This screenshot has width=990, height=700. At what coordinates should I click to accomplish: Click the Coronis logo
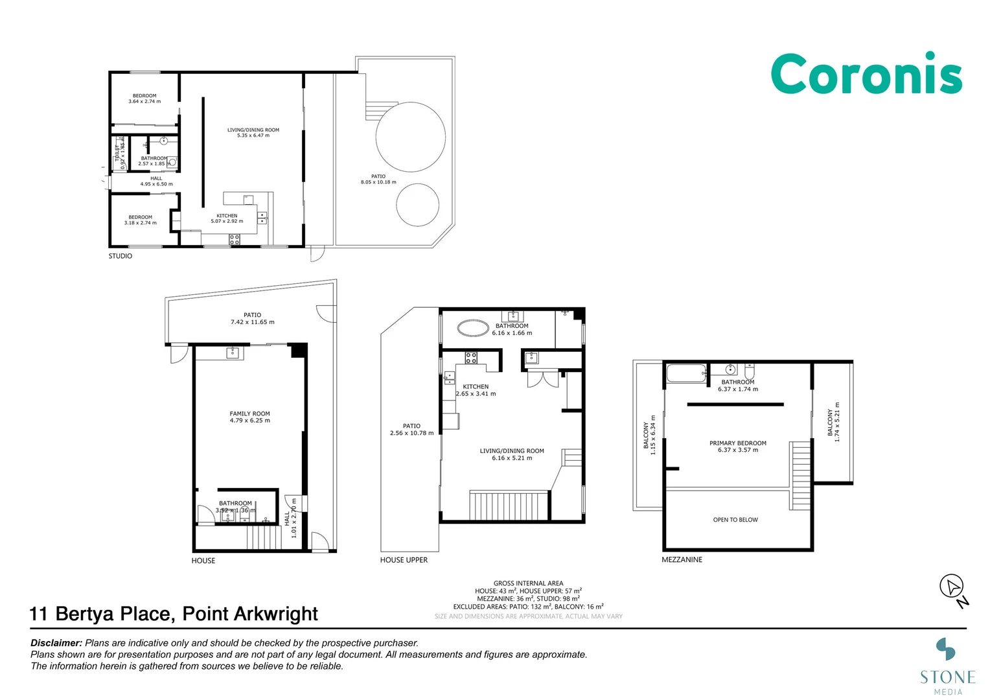point(866,74)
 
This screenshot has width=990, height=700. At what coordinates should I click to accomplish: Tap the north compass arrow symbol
point(952,587)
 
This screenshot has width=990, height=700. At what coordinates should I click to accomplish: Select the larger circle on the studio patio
point(411,137)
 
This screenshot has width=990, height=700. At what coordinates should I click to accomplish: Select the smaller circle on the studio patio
point(418,205)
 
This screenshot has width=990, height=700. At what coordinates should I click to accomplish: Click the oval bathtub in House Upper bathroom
point(474,328)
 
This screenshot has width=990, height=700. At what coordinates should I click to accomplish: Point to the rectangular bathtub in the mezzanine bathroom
point(686,374)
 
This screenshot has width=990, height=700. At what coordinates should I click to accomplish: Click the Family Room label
point(249,414)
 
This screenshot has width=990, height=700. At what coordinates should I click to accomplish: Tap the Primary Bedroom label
point(737,443)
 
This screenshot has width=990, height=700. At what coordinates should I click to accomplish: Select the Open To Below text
point(735,520)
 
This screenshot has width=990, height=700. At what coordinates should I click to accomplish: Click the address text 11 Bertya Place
point(174,614)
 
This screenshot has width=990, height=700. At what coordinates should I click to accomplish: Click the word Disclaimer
point(56,643)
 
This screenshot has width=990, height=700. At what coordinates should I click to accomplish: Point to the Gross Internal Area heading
point(528,583)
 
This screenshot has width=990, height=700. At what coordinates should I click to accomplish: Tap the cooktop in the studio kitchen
point(235,240)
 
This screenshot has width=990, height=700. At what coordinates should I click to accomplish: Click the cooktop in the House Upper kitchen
point(471,357)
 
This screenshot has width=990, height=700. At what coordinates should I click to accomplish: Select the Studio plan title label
point(120,256)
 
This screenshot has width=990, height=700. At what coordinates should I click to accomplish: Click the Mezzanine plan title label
point(682,559)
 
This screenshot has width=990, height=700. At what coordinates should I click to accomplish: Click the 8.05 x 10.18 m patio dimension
point(378,182)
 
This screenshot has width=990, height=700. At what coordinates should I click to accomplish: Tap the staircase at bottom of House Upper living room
point(509,506)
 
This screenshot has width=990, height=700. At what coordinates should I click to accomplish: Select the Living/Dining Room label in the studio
point(253,130)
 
